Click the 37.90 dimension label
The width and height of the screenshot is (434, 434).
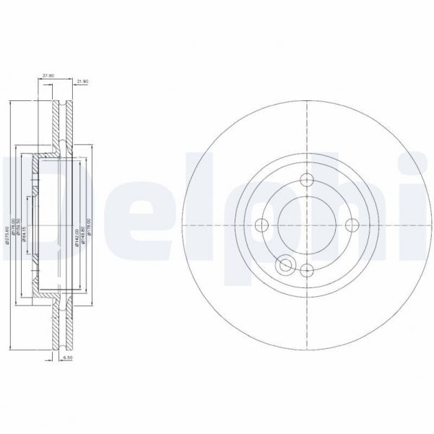[48, 74]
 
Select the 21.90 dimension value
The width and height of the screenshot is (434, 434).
[82, 82]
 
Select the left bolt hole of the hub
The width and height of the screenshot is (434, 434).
[262, 224]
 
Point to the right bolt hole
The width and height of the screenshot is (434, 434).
[352, 224]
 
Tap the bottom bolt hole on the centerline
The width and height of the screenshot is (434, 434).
[307, 269]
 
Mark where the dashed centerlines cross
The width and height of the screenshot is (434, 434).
[307, 224]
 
